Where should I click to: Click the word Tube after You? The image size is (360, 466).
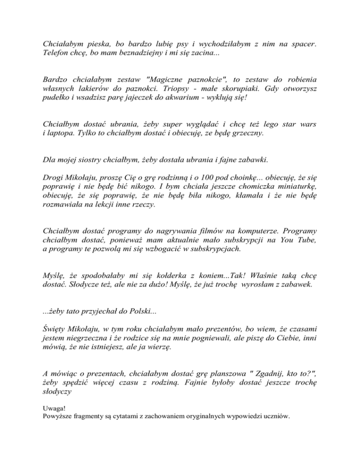307,241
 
